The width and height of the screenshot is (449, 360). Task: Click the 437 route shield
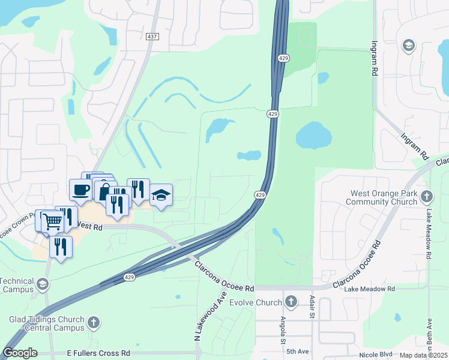[x=152, y=37]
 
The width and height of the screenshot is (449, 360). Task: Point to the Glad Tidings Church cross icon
[x=93, y=323]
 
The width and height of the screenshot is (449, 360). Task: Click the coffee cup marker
[x=80, y=190]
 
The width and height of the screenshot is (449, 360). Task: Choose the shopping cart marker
[x=52, y=221]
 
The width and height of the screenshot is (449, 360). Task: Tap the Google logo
[x=20, y=353]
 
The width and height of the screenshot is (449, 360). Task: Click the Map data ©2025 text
[x=423, y=355]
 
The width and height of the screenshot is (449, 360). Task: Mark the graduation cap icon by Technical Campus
[x=42, y=283]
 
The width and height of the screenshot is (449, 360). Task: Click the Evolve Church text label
[x=259, y=302]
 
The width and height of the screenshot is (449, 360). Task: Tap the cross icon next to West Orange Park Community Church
[x=426, y=197]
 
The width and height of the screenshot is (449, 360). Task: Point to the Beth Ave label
[x=430, y=341]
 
